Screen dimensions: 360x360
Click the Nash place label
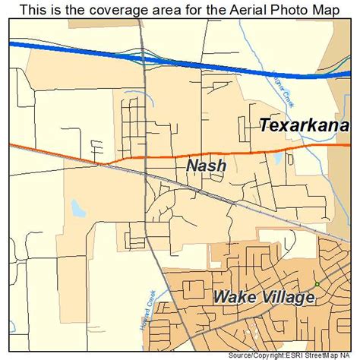pyautogui.click(x=205, y=165)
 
